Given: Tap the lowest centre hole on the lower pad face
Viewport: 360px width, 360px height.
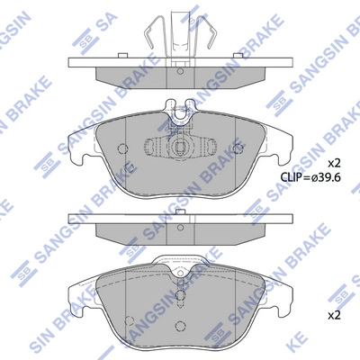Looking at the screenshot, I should [x=180, y=334].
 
